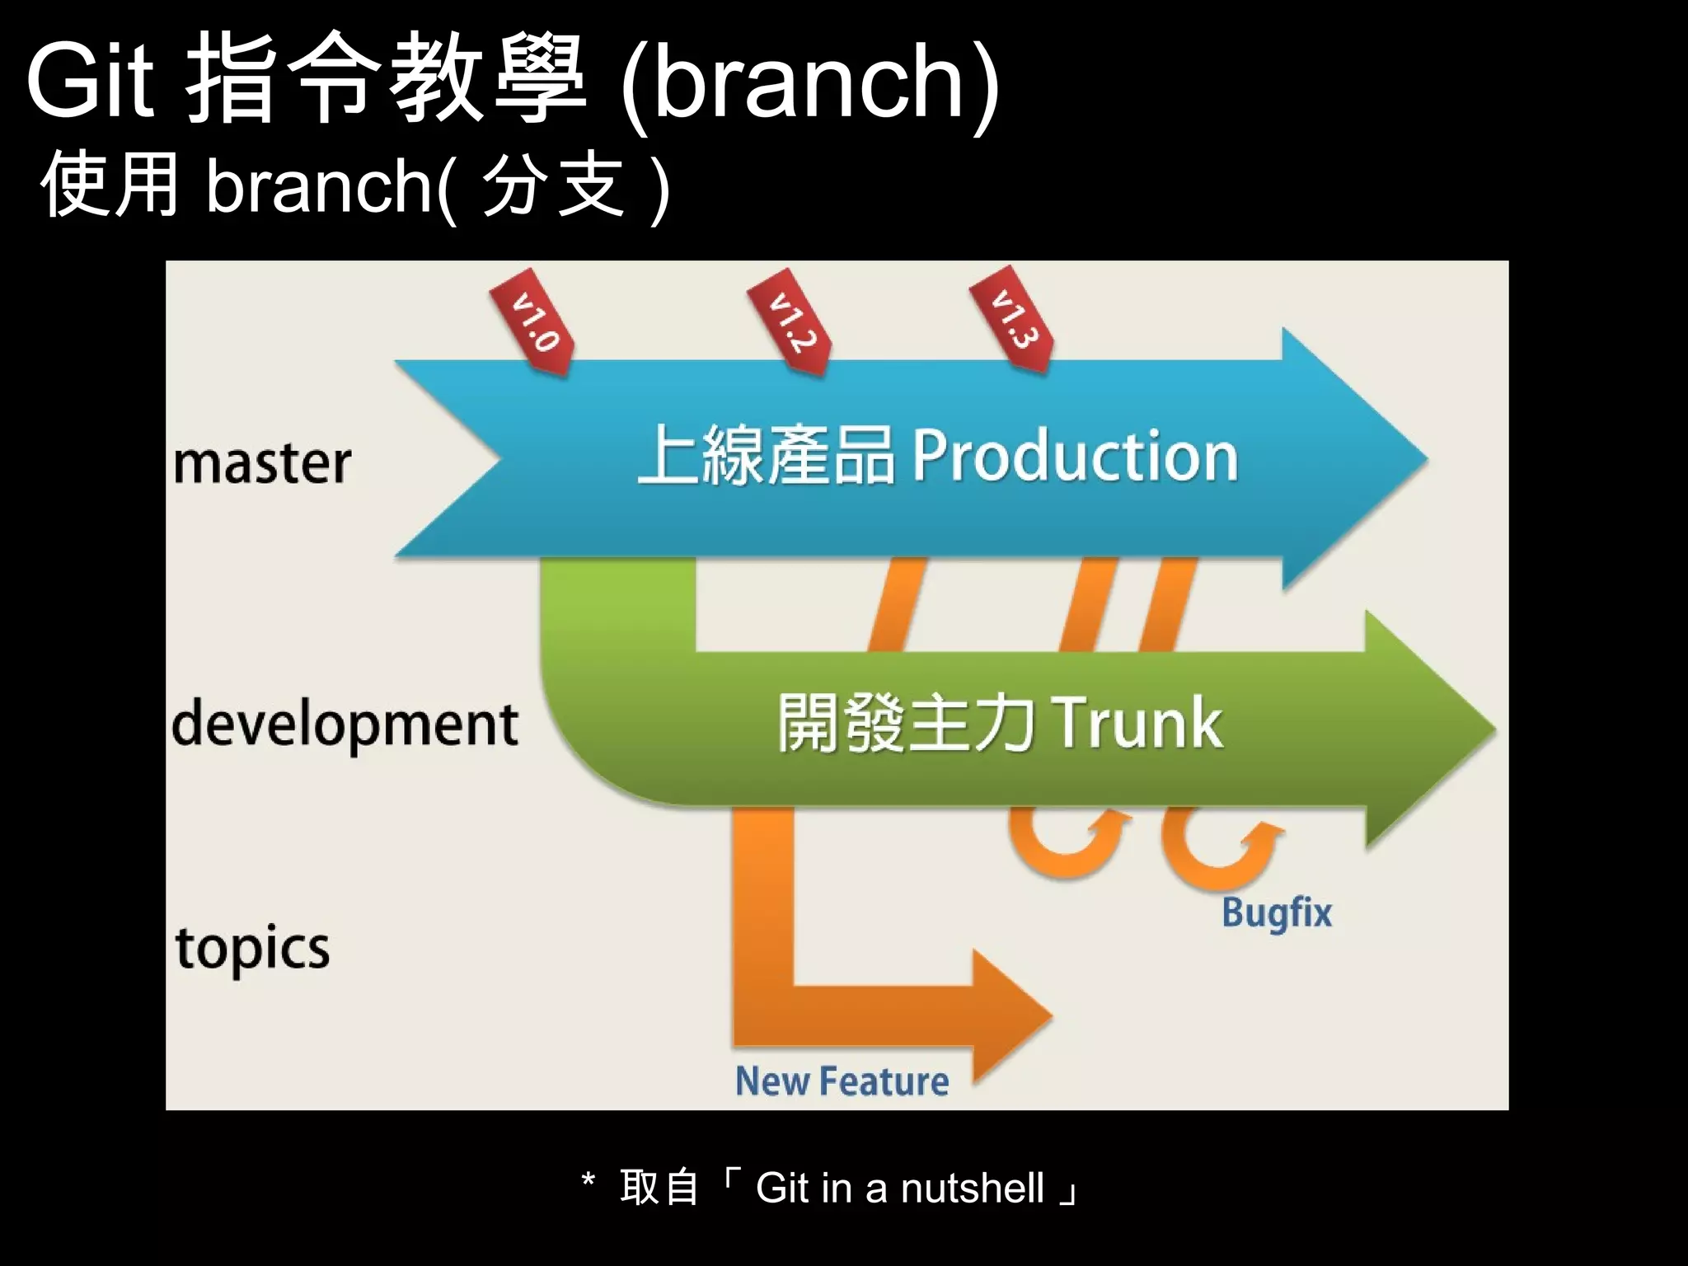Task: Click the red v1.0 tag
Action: click(532, 321)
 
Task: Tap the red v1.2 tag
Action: click(790, 321)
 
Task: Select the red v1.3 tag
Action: click(1012, 319)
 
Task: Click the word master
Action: click(262, 463)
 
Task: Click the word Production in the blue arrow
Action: click(1075, 456)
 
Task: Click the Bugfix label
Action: click(1276, 913)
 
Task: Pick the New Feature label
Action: click(842, 1081)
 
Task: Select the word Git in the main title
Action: click(91, 81)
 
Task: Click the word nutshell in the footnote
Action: click(972, 1189)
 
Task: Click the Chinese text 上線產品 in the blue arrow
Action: click(767, 455)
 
